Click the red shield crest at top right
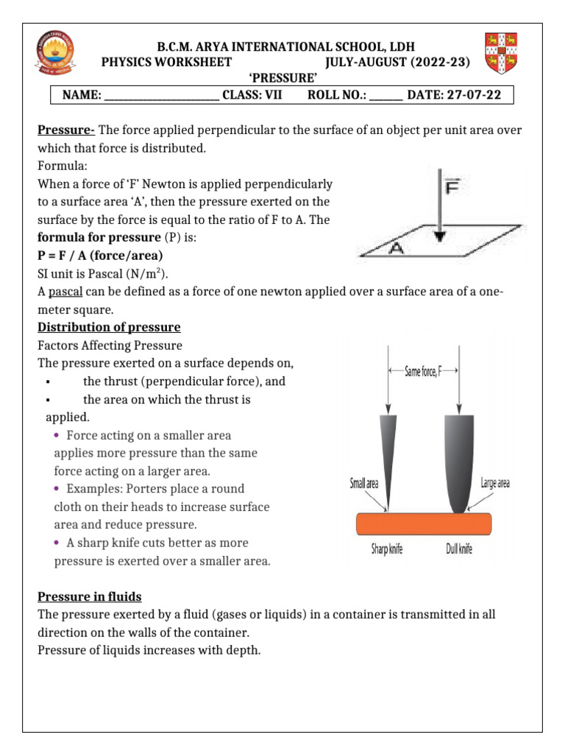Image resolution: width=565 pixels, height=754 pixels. click(x=501, y=54)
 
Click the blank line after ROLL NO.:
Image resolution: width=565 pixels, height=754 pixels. click(x=385, y=96)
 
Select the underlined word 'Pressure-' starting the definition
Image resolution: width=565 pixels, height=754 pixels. click(x=66, y=130)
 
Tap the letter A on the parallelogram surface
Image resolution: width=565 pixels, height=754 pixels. click(x=396, y=247)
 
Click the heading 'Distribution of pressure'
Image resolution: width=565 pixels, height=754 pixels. click(x=109, y=327)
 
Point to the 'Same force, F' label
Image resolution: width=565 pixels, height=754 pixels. click(x=423, y=373)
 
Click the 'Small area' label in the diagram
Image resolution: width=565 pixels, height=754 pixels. click(x=364, y=484)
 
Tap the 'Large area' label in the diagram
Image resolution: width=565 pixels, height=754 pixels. click(x=495, y=483)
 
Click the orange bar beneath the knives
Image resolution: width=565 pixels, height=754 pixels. click(x=423, y=524)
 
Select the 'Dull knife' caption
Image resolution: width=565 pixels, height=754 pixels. click(x=459, y=549)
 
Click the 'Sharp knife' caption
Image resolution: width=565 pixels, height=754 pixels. click(x=387, y=549)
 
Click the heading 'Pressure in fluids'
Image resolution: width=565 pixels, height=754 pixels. click(x=89, y=596)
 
